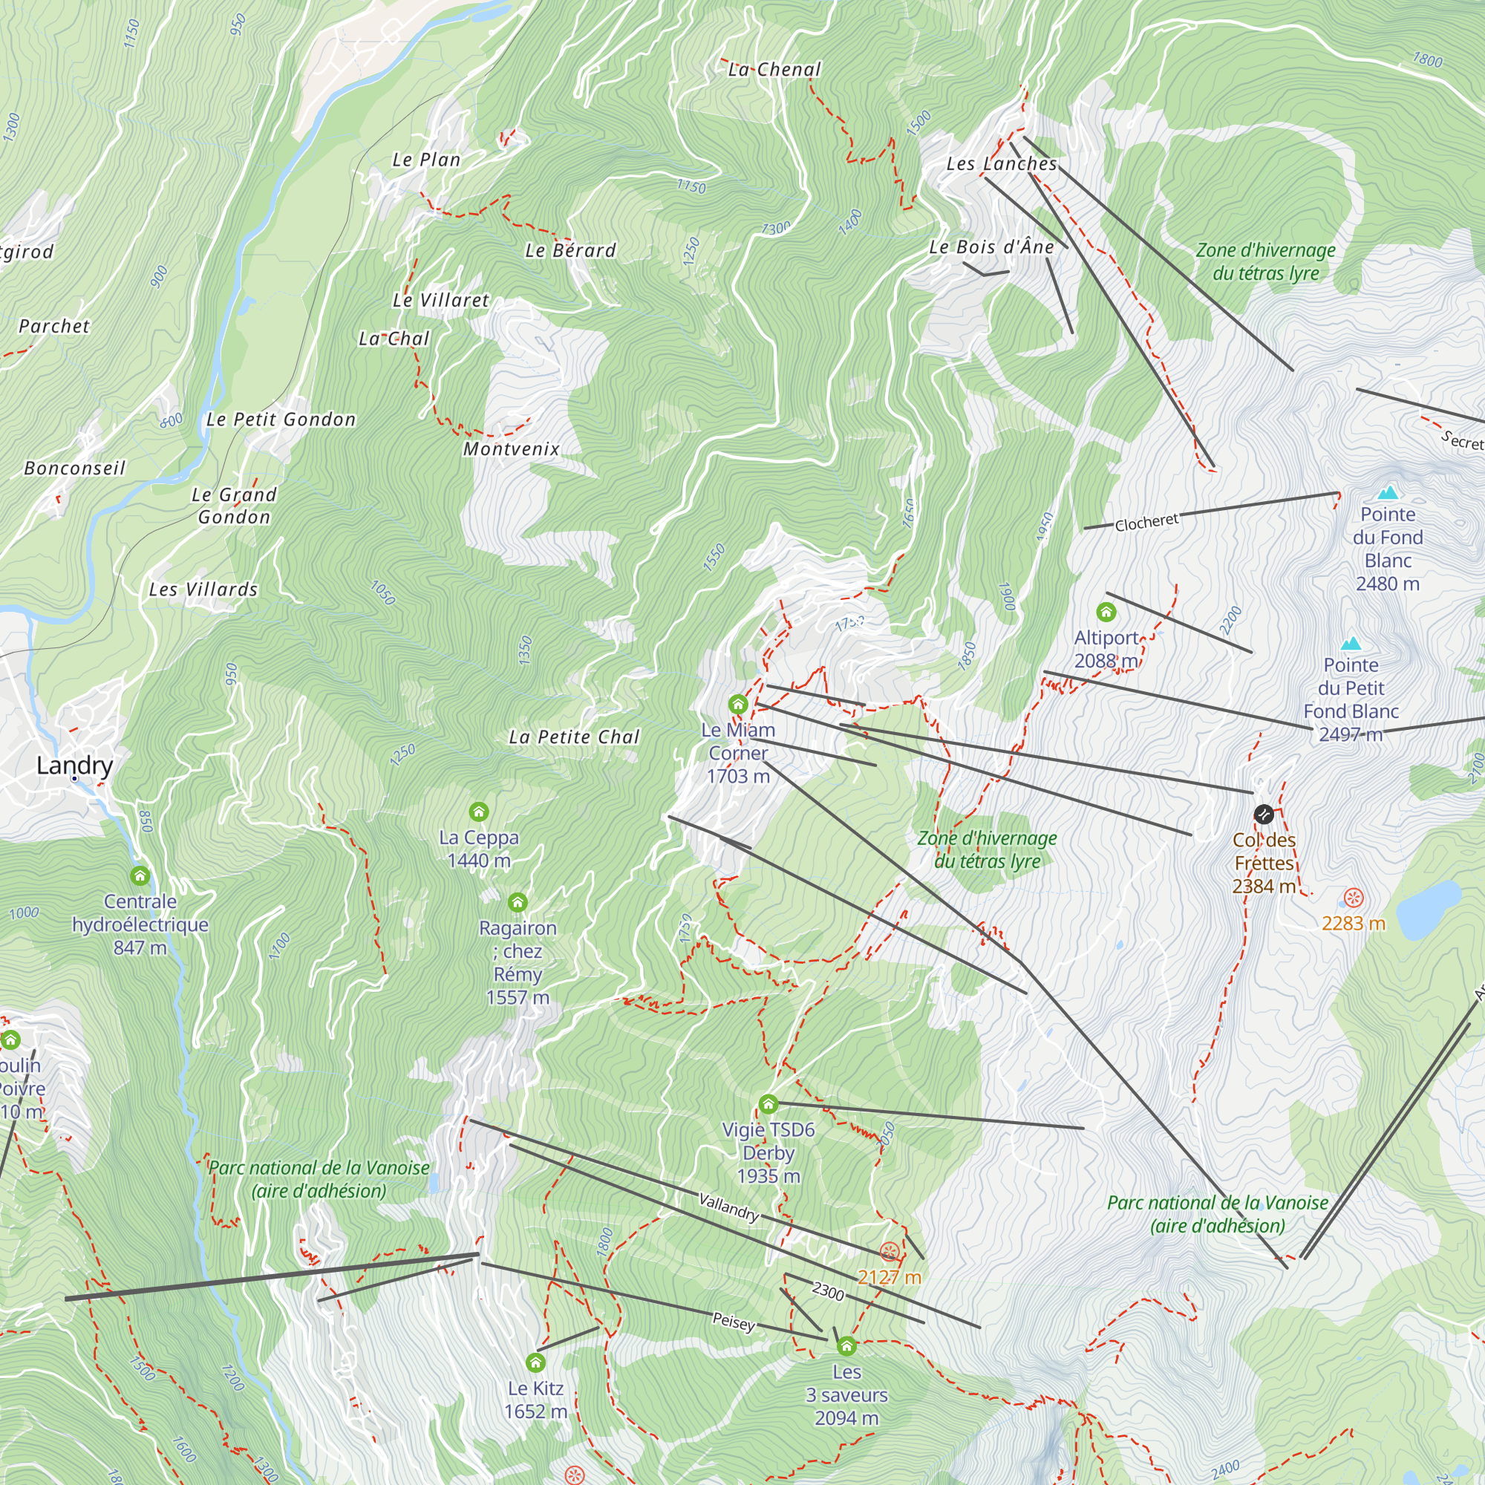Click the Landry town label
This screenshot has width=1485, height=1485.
(74, 765)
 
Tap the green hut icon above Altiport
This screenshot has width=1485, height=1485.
(1106, 612)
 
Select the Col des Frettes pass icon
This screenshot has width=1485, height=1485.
(1264, 814)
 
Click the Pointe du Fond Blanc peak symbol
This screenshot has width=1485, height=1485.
(1388, 493)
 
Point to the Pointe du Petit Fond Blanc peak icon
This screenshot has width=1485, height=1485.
(1351, 643)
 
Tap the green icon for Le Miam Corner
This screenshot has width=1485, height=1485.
(738, 704)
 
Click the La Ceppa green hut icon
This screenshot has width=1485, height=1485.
(479, 812)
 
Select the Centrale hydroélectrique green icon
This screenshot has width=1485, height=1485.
(140, 875)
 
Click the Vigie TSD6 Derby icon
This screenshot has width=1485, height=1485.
(768, 1105)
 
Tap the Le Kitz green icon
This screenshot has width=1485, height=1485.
(536, 1362)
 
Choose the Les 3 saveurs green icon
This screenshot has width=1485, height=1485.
(846, 1346)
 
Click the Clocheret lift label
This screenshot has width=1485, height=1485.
(1146, 523)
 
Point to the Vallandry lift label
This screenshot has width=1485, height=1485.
(728, 1207)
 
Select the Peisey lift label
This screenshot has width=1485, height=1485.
(734, 1322)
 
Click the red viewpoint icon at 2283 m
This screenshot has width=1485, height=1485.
(1354, 898)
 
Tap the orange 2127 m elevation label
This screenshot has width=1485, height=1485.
(889, 1277)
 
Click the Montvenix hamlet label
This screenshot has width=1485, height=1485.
(511, 449)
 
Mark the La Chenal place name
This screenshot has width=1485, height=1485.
(774, 70)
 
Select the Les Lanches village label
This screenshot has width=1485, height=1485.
(1001, 163)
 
